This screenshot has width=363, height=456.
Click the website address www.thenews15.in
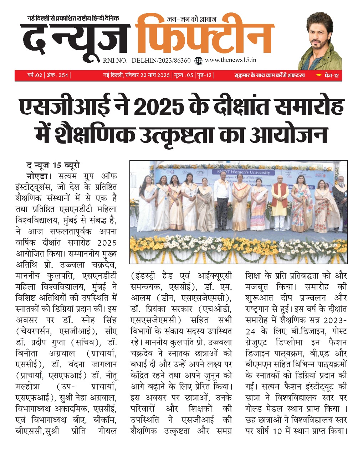(x=231, y=60)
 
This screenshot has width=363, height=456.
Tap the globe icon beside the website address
(x=199, y=61)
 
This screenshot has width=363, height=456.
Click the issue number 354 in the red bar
(x=63, y=75)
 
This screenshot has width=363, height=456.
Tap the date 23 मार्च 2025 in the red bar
(x=150, y=75)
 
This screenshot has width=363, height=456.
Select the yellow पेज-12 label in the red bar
(x=331, y=75)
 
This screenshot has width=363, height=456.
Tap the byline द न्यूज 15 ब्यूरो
(x=53, y=165)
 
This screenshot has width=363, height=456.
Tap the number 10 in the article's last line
(x=277, y=431)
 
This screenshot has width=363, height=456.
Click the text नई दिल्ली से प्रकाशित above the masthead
(x=53, y=18)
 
